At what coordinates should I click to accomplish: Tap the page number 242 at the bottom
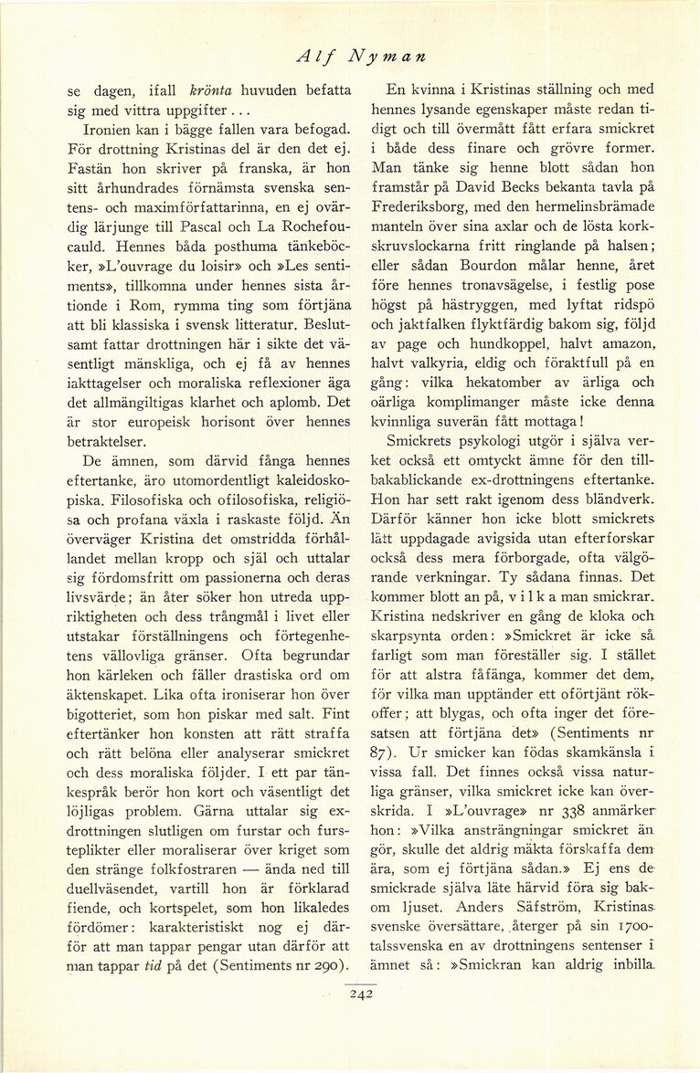tap(363, 996)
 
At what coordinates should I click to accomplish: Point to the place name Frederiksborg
tap(426, 207)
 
